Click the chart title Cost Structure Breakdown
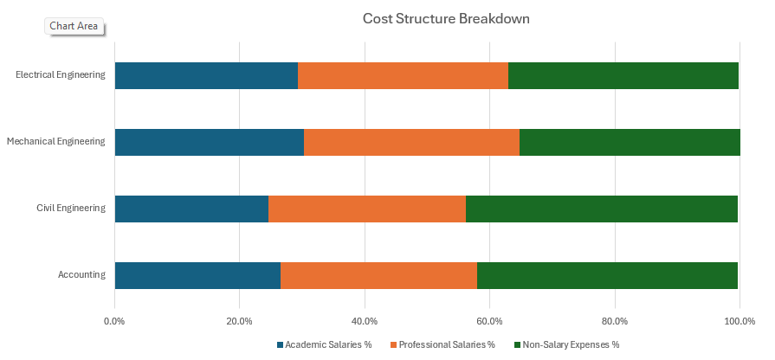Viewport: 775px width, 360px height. [446, 18]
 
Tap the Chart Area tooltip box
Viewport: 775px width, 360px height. [74, 26]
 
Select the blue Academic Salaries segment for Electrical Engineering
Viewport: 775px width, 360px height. [206, 75]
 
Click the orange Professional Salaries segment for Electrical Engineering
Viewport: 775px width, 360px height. [403, 75]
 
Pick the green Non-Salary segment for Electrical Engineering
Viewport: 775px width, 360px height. [623, 75]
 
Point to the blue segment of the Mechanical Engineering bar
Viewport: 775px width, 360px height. [209, 142]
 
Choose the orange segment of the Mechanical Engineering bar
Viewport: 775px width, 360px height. [411, 142]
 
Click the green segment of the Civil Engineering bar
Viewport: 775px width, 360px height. [602, 209]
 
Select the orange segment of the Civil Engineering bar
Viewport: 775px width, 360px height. [367, 209]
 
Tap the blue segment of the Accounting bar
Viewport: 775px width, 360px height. [197, 275]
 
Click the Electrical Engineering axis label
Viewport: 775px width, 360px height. [61, 74]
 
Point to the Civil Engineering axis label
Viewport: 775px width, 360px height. [71, 208]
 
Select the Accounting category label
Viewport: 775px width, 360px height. [81, 274]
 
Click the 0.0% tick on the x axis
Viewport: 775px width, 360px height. [114, 322]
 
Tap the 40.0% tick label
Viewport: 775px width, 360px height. [365, 322]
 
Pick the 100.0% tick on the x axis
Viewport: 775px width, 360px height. [739, 322]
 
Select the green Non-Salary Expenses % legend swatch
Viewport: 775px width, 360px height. [517, 344]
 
